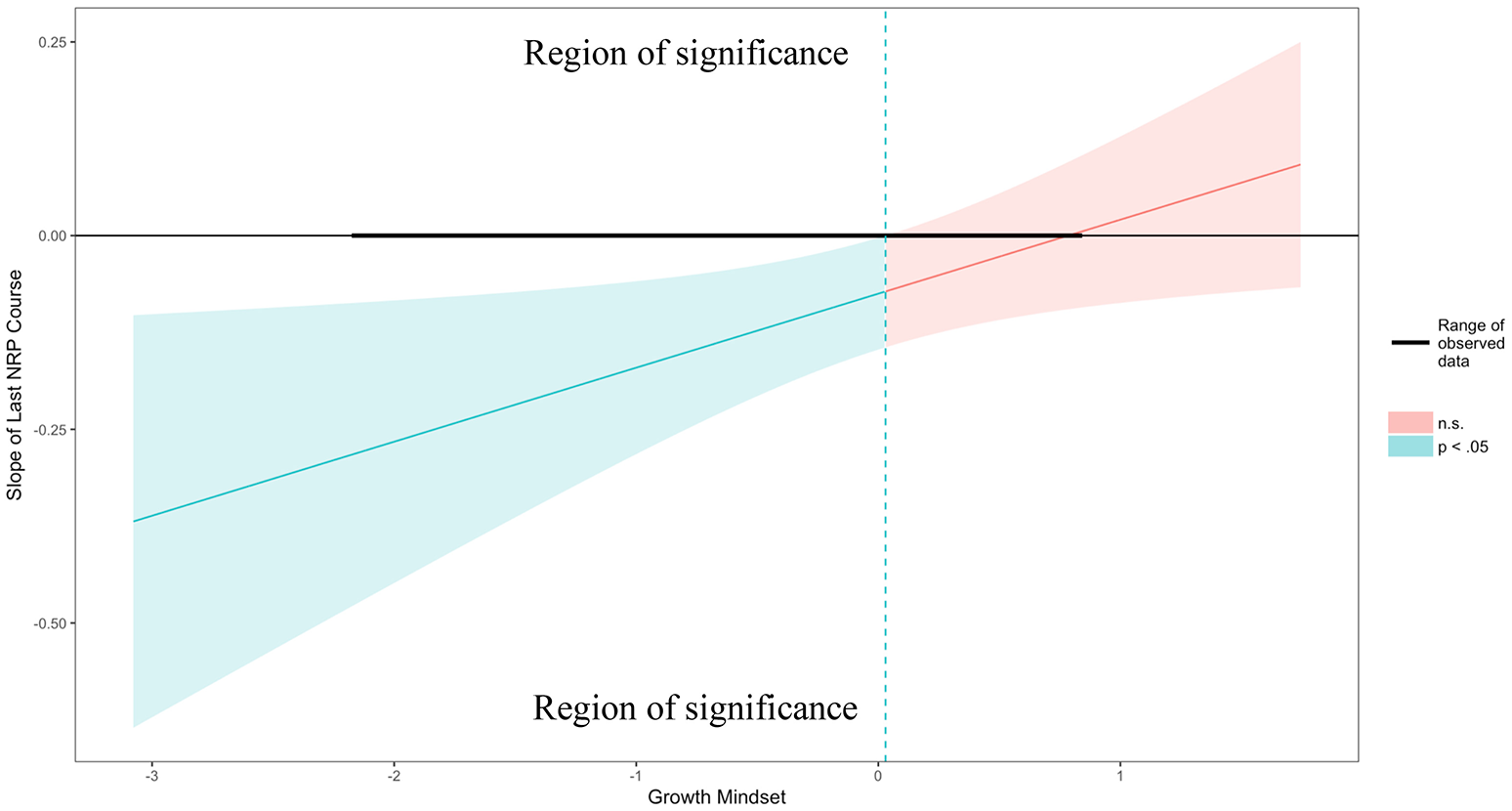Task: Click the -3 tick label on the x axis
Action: [150, 777]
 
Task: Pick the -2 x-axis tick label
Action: [393, 777]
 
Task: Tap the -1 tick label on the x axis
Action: [635, 777]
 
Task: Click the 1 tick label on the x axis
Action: [1120, 777]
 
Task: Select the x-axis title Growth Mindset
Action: [717, 797]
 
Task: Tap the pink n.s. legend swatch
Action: [1409, 423]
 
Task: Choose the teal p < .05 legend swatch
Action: [1409, 447]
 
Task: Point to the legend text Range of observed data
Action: [1471, 343]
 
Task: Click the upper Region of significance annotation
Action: [686, 53]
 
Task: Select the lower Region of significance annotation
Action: [694, 707]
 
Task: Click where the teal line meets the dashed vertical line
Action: [885, 291]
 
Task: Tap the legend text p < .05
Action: [1462, 448]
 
